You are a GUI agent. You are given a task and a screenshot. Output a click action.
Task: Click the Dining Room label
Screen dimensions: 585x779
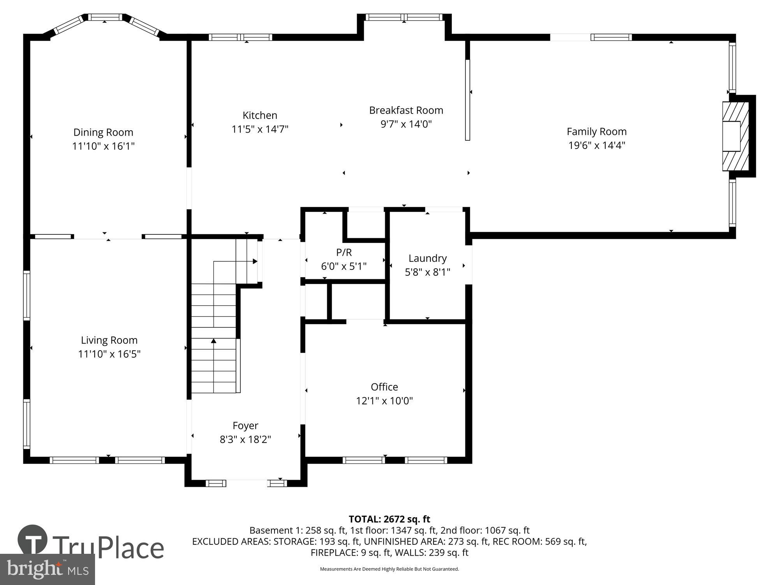103,132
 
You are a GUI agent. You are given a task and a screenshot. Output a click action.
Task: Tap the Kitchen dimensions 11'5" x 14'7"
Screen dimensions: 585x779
260,129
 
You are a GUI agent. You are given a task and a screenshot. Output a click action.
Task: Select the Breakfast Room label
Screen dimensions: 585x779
406,110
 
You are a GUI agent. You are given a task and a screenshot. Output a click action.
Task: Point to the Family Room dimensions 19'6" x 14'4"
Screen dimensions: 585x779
596,145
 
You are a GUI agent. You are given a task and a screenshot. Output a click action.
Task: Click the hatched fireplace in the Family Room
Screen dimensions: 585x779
735,136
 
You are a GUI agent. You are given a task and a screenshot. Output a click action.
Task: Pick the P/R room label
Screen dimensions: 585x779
344,252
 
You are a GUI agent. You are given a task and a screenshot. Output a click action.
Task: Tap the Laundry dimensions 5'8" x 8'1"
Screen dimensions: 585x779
427,272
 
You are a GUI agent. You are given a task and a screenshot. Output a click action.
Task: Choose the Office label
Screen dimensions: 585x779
384,387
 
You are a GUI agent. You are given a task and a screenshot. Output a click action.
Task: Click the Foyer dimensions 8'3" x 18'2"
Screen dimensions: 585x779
245,440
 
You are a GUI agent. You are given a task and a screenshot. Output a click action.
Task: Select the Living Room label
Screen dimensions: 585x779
109,340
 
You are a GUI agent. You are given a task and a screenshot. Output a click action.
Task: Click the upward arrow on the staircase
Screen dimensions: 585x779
213,341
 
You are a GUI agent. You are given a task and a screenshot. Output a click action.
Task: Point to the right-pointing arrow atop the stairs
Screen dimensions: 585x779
255,261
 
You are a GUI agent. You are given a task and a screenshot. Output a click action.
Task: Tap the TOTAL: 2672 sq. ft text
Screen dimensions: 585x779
389,519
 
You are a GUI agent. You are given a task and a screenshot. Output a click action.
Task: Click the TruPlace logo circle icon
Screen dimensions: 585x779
33,540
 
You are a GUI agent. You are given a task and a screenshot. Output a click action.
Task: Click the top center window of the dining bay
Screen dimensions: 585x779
104,17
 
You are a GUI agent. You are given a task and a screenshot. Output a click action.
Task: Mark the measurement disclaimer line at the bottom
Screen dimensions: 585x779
389,569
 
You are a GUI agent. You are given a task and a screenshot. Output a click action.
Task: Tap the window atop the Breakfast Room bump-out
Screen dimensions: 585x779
404,17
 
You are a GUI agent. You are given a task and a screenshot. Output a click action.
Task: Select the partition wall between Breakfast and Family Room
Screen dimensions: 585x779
467,99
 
